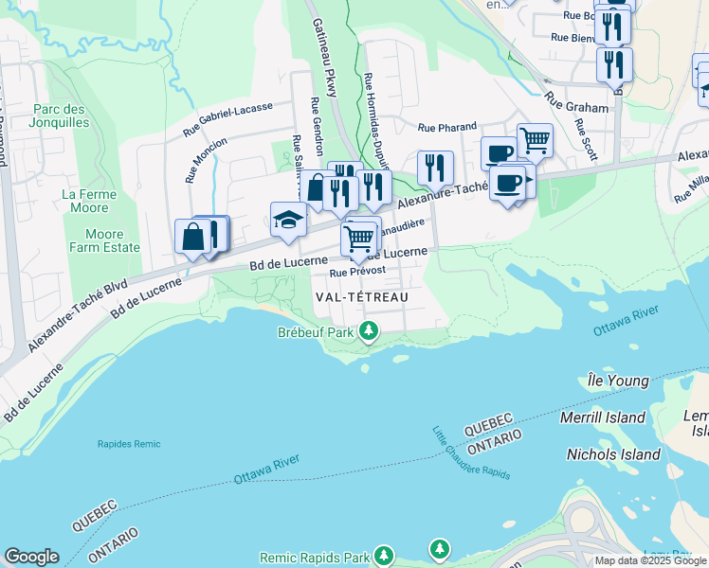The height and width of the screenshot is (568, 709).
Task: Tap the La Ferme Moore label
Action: point(89,200)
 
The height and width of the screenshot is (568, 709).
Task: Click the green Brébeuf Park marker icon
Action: point(370,332)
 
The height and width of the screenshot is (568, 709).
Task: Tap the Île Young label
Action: point(618,382)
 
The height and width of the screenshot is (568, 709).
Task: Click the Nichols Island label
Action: point(612,454)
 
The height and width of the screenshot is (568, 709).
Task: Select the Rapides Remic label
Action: point(129,444)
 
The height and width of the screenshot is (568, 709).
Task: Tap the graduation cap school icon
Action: point(289,221)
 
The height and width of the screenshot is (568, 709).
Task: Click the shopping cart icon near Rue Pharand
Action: point(535,141)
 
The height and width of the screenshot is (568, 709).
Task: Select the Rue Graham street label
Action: point(578,108)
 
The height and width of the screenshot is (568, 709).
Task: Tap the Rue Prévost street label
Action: point(357,273)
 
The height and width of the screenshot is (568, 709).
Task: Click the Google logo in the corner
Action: point(32,557)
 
